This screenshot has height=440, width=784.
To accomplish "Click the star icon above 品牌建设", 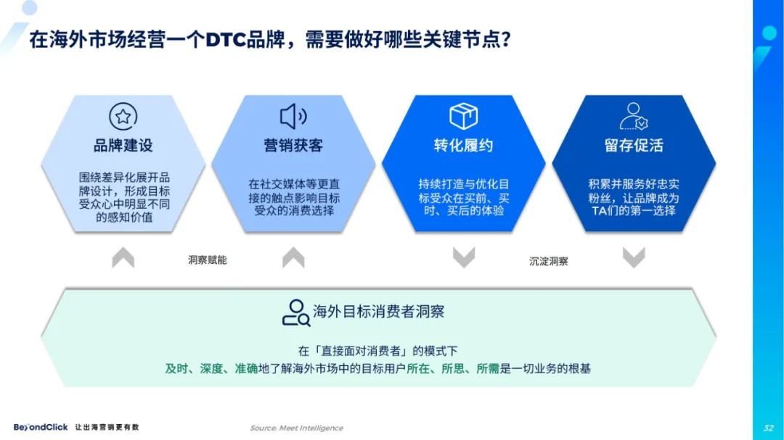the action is [x=123, y=117].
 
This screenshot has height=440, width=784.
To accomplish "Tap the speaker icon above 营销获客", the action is [x=293, y=117].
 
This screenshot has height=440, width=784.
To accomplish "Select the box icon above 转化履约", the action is [x=463, y=116].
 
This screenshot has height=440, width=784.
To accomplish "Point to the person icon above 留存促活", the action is [x=634, y=117].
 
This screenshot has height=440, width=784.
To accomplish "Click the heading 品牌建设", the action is [x=123, y=145].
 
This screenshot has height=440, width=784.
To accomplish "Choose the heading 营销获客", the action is [x=293, y=145].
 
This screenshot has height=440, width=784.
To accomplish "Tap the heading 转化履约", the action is [x=463, y=145].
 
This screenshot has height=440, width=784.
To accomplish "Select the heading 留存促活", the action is [x=634, y=145].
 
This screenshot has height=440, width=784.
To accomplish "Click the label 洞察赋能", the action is [x=208, y=260].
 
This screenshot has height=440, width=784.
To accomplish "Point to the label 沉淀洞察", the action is [x=549, y=261].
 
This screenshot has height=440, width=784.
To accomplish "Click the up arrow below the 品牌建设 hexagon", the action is [x=123, y=257].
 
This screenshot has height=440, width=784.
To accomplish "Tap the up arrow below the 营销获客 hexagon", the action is [x=293, y=257].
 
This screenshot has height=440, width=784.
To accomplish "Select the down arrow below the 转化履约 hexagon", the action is [x=463, y=257].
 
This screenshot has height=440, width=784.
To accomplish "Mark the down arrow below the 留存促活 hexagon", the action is [x=634, y=257].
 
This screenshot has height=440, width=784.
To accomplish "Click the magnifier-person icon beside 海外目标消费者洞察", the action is [x=296, y=313].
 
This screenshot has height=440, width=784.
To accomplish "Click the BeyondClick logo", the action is [x=41, y=427].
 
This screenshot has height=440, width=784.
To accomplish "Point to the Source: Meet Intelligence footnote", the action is [x=296, y=428].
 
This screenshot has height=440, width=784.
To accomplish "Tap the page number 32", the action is [x=769, y=428].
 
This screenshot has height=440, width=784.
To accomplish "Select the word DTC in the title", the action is [x=226, y=40].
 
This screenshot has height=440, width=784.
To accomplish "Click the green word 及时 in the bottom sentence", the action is [x=176, y=368].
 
